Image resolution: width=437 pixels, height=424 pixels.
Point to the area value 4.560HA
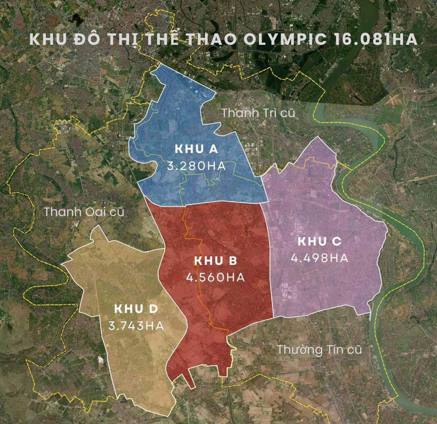(215, 278)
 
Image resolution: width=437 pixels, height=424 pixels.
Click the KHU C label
(320, 242)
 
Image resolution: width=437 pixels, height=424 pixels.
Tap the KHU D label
(136, 309)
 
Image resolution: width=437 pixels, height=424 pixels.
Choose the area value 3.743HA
(136, 325)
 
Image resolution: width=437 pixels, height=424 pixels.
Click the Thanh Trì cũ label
(258, 113)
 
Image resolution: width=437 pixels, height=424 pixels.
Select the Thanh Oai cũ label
(84, 212)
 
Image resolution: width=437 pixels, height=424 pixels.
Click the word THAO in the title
(212, 40)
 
